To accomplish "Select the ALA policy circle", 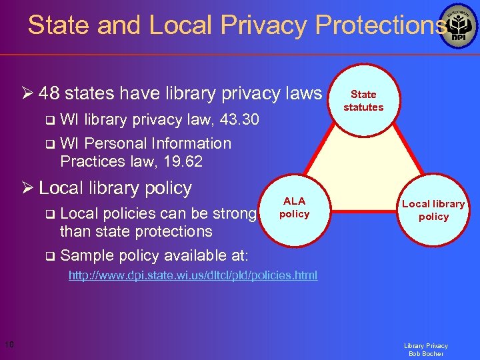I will click(294, 207).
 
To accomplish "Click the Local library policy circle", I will click(433, 210).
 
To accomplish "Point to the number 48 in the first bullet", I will click(49, 93).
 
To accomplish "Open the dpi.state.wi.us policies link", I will click(193, 275).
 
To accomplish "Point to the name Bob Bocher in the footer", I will click(425, 354).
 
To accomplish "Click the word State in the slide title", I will click(60, 25).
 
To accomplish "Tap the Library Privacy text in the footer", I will click(425, 345).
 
